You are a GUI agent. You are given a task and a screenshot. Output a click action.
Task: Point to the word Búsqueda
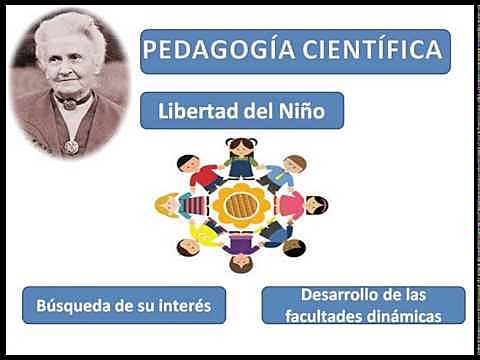76,305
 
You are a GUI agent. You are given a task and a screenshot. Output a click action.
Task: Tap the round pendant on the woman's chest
71,146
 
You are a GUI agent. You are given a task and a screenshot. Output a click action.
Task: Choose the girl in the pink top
304,206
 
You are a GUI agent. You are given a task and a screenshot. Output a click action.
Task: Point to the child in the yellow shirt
203,235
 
